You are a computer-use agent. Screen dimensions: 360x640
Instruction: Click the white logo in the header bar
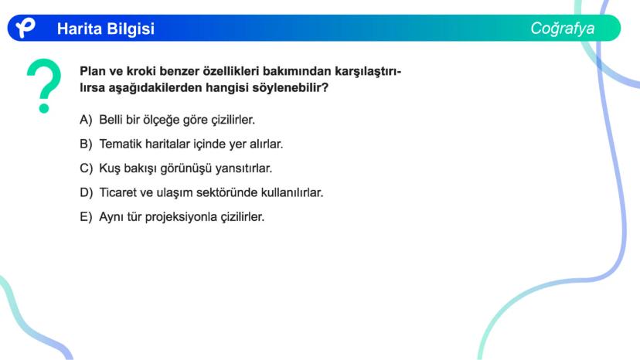[x=26, y=28]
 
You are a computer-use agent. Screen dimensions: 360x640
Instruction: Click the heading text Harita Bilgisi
[x=106, y=29]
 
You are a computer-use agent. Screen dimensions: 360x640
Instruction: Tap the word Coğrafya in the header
[x=563, y=29]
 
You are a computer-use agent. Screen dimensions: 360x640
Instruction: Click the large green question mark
[x=44, y=86]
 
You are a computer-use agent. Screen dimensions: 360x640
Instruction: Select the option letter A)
[x=86, y=120]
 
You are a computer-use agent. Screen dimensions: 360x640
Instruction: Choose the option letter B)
[x=86, y=144]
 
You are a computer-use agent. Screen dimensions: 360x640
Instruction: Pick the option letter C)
[x=86, y=168]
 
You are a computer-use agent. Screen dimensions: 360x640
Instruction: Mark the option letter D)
[x=86, y=192]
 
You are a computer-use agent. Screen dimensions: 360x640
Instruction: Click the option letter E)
[x=86, y=216]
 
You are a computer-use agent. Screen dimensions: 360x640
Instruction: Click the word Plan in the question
[x=93, y=72]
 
